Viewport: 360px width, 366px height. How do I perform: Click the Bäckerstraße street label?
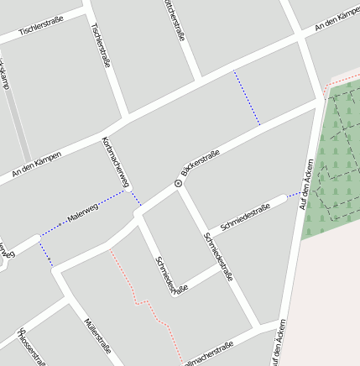click(201, 164)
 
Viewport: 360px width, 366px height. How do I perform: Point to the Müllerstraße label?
click(98, 333)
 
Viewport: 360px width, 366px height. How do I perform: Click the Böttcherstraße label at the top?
click(175, 20)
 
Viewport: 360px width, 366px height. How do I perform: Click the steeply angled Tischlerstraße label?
click(100, 45)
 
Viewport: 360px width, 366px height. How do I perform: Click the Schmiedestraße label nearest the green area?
click(245, 217)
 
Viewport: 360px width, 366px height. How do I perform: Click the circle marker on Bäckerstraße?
click(178, 183)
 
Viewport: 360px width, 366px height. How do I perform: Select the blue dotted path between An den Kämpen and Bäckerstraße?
click(247, 97)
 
